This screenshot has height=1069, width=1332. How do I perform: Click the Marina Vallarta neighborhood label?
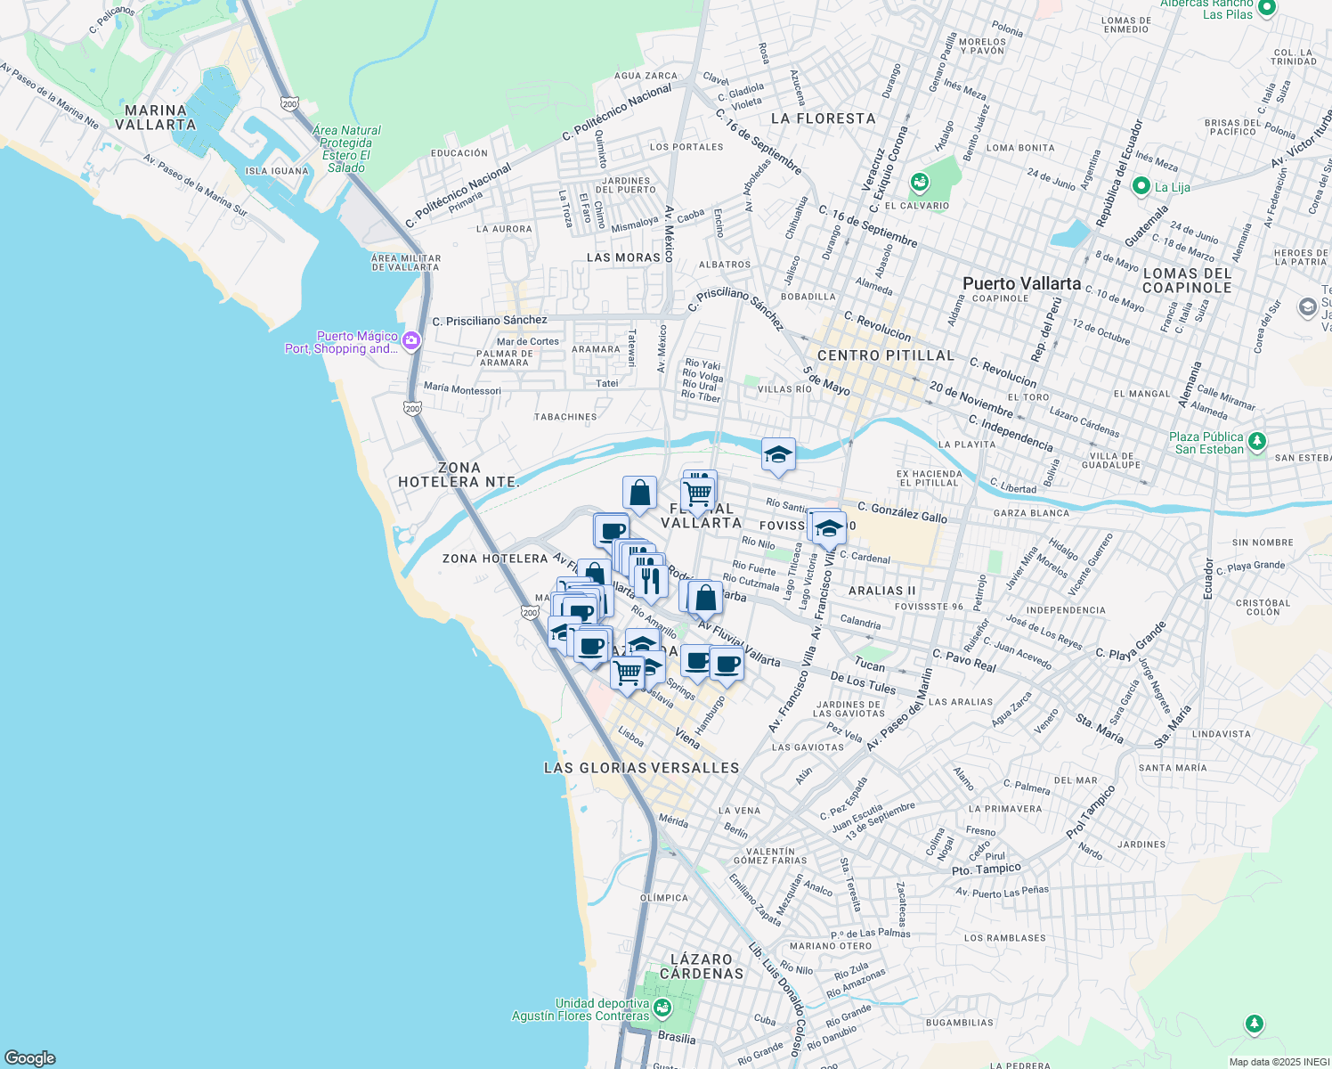pos(156,118)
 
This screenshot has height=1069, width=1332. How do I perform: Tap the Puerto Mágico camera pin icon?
pos(410,340)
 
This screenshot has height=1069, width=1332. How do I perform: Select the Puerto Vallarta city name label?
pos(1021,283)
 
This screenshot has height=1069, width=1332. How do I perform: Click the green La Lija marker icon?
pos(1141,186)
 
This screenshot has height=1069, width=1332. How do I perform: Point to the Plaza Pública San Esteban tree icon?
pos(1256,440)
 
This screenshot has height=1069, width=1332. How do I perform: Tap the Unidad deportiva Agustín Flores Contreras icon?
pos(662,1008)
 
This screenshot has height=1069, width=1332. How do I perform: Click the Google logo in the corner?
pos(30,1057)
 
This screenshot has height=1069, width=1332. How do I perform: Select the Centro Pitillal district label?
pos(885,355)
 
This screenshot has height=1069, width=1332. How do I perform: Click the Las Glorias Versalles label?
pos(641,768)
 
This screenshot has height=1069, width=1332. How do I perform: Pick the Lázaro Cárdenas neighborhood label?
pos(702,967)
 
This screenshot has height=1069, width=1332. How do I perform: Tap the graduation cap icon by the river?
pos(778,455)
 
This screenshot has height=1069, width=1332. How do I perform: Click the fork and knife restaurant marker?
pos(651,579)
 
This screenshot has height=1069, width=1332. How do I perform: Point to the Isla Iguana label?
pos(277,171)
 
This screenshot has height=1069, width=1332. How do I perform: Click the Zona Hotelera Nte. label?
pos(458,475)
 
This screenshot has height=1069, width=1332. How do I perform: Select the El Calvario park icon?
pos(920,184)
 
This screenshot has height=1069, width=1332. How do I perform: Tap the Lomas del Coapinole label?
pos(1187,281)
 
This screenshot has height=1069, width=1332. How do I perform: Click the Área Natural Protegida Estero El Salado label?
pos(346,149)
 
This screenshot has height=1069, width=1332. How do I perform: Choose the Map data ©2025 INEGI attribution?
pos(1279,1062)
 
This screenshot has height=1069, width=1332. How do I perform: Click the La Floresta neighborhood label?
pos(823,118)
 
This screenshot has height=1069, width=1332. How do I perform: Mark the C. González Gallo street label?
pos(902,511)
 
